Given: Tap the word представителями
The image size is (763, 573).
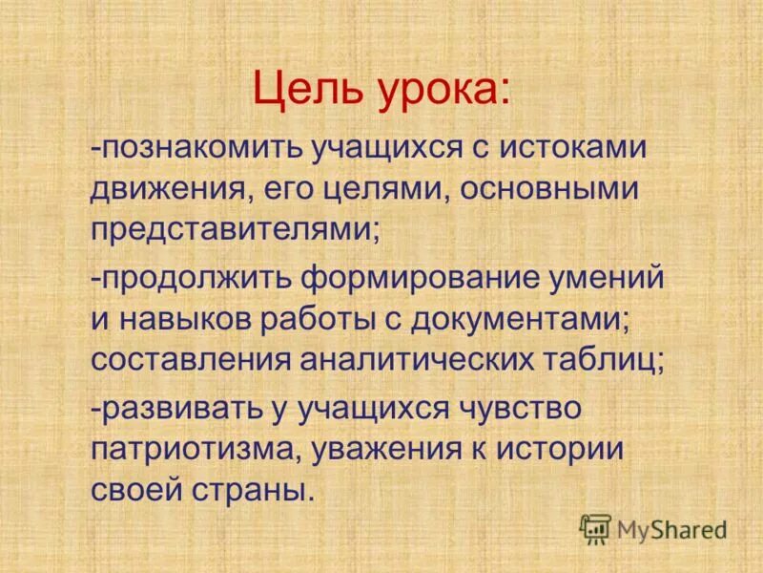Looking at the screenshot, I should [235, 230].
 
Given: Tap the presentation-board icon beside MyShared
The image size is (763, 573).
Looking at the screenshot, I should [595, 528].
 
